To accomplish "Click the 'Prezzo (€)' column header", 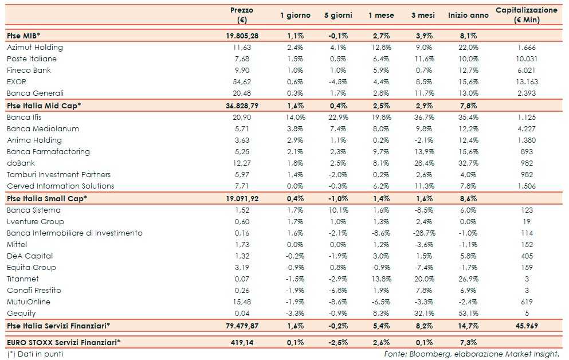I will pos(241,15).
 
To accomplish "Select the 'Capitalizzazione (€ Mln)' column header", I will pos(525,15).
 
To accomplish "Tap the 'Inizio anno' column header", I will pos(468,15).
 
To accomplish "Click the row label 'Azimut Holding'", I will pos(35,48).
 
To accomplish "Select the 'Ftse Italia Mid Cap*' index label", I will pos(44,105).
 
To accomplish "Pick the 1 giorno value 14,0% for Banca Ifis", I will pos(295,118).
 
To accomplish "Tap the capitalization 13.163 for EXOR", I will pos(526,82).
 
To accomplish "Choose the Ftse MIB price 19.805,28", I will pos(242,36).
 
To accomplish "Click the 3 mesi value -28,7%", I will pos(425,233).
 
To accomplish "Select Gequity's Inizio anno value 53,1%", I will pos(468,314).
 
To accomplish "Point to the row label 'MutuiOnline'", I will pos(29,302).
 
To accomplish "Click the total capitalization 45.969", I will pos(526,326).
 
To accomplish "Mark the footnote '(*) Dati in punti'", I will pos(36,354).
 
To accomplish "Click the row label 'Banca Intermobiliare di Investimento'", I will pos(74,233).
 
